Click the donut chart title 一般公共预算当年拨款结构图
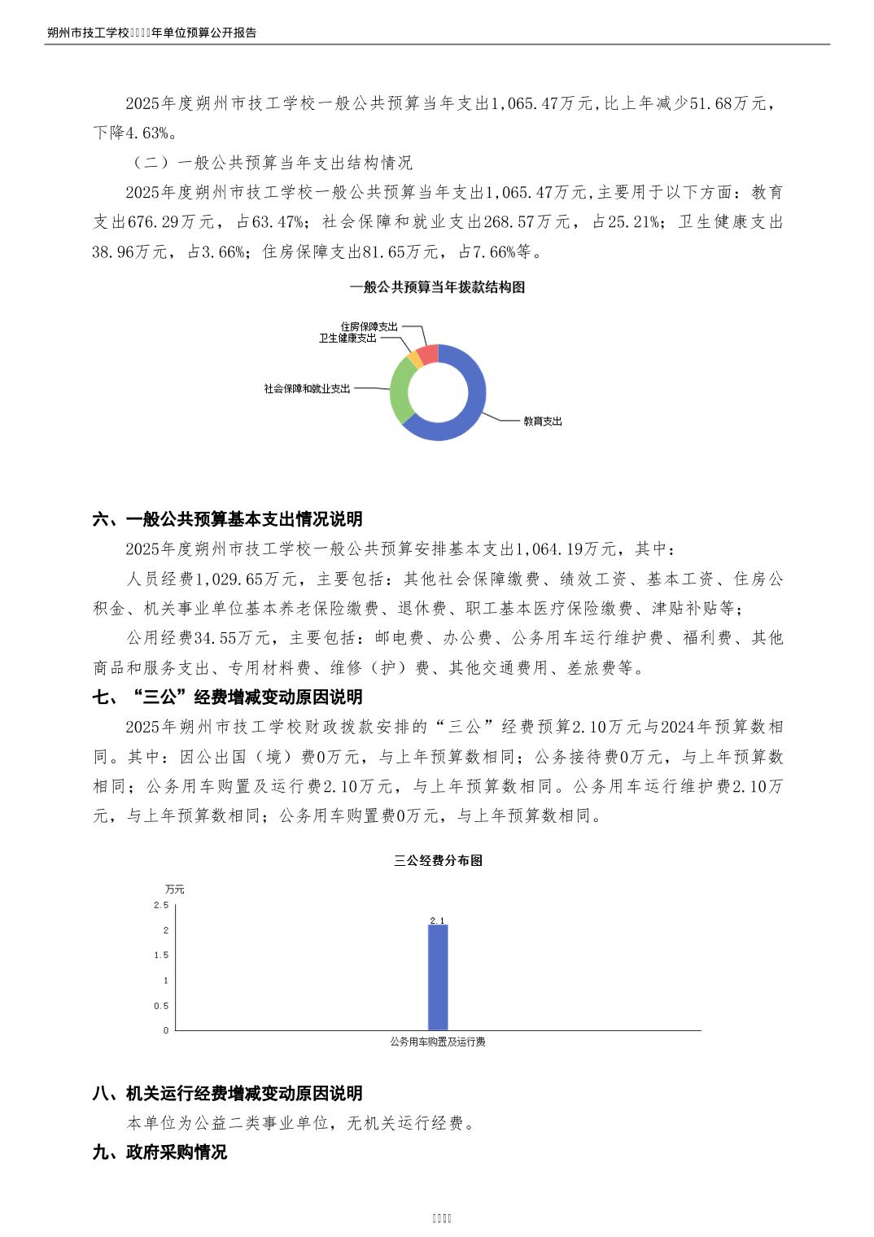437,287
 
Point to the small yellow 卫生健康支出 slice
414,359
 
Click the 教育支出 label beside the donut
542,422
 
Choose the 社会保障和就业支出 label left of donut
307,389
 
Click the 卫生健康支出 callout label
347,338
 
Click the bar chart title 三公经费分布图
438,861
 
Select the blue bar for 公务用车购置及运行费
438,977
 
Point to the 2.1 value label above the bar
437,920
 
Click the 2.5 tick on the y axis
161,905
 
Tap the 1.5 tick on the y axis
161,955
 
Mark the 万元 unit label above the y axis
174,889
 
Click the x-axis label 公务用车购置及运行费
438,1042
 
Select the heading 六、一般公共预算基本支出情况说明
228,519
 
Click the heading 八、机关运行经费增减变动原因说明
228,1094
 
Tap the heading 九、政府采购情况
160,1152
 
